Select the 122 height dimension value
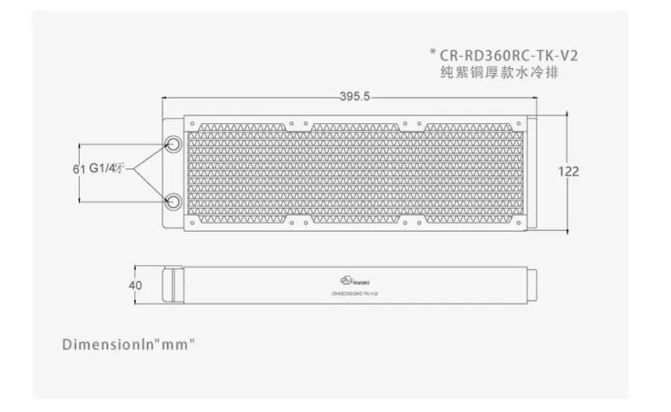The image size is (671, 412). click(x=567, y=172)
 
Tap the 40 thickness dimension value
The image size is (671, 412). click(x=135, y=285)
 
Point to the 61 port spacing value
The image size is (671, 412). click(x=78, y=169)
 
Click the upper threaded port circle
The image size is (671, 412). click(x=172, y=144)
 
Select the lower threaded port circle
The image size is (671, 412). click(x=172, y=200)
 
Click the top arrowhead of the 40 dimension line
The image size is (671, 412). click(x=149, y=267)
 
